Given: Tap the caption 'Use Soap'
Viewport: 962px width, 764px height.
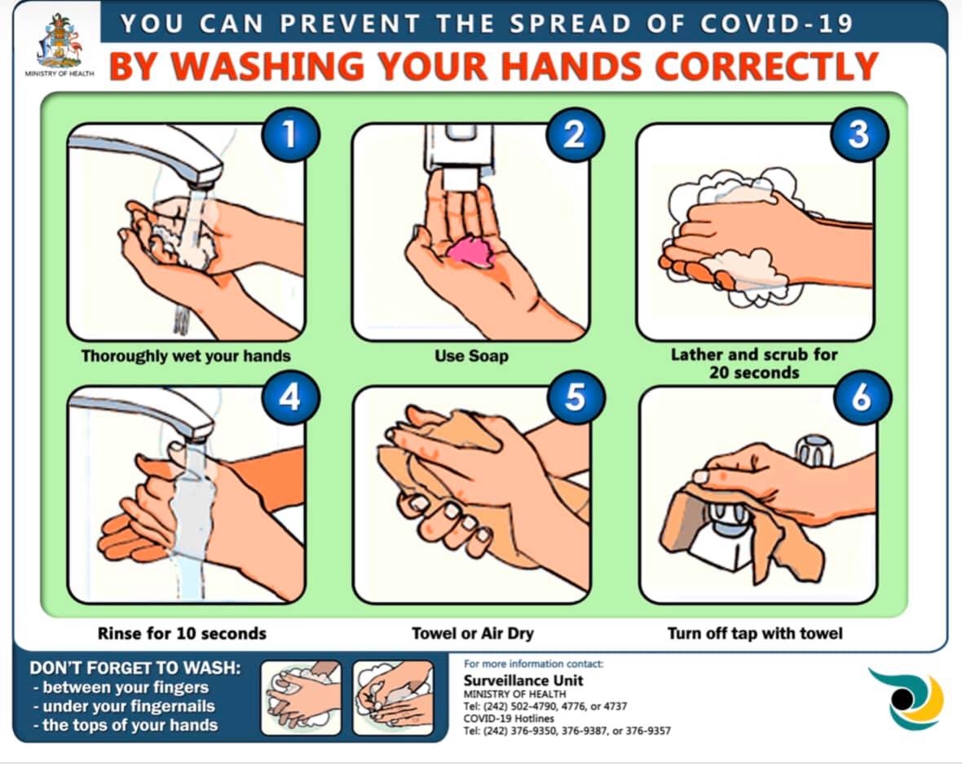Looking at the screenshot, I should [x=471, y=356].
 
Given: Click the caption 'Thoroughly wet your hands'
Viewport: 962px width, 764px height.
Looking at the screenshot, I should [x=186, y=356].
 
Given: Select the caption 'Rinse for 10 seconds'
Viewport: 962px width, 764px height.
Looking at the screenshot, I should [x=182, y=633].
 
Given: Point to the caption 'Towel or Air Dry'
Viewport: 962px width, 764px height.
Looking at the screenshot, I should [x=473, y=633].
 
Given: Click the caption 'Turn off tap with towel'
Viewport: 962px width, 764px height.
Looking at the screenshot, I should [x=755, y=633].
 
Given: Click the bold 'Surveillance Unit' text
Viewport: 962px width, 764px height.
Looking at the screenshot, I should [x=523, y=680].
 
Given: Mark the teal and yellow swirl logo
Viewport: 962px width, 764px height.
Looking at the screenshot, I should [x=905, y=698].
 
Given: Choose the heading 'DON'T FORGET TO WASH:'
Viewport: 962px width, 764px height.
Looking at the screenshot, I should [x=135, y=669].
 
